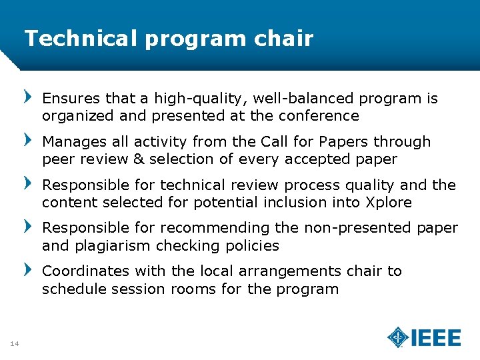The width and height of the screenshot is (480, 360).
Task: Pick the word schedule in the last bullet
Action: point(71,289)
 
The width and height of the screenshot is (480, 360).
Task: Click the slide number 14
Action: point(14,343)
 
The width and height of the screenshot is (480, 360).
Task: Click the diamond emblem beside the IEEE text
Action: point(398,337)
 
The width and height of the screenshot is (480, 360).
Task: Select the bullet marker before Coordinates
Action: point(28,271)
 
